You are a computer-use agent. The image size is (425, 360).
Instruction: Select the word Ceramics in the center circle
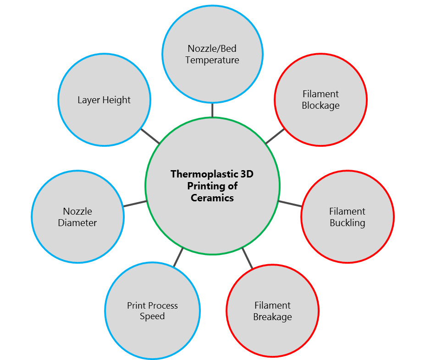coord(212,198)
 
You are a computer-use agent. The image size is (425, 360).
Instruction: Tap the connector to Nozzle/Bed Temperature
coord(212,110)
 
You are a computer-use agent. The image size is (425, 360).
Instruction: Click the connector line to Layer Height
coord(149,136)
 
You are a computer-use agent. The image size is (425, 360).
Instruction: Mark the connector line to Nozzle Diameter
coord(135,203)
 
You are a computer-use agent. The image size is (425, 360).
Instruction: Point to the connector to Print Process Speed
coord(178,257)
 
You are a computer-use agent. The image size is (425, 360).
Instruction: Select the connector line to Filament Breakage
coord(247,258)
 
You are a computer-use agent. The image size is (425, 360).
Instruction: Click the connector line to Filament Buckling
coord(290,204)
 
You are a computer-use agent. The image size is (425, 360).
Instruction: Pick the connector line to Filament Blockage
coord(275,136)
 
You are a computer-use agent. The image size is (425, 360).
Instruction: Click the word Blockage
coord(320,105)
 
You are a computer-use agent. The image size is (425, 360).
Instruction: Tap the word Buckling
coord(347,223)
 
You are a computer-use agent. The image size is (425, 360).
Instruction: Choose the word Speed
coord(152,316)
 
